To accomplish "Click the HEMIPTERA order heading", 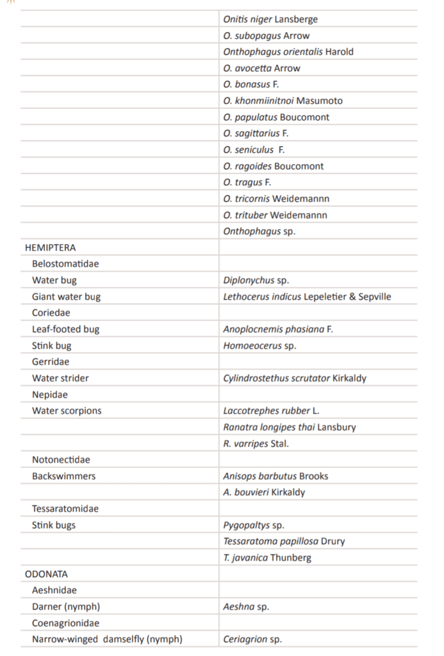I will click(x=51, y=247).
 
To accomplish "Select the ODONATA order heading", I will click(x=46, y=574).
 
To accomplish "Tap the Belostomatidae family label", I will click(x=65, y=264).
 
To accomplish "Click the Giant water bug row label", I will click(x=66, y=297).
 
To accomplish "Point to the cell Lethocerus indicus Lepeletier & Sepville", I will click(x=307, y=297).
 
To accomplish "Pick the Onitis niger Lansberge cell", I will click(x=270, y=20).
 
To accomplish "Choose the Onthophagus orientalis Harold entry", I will click(x=288, y=52).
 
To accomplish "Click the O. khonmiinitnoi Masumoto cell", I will click(x=283, y=101).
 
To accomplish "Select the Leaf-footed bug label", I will click(x=65, y=329).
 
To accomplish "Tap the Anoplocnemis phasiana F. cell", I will click(x=278, y=329).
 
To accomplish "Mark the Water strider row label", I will click(x=60, y=378).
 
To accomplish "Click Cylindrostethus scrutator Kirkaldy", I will click(x=295, y=378).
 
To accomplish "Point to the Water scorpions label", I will click(x=67, y=411).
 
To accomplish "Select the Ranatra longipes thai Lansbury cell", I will click(x=290, y=427).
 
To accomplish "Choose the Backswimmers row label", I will click(x=63, y=476).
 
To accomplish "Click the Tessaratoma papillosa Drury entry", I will click(x=284, y=541).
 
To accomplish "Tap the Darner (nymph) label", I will click(x=66, y=607).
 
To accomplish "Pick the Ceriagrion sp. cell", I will click(x=252, y=639).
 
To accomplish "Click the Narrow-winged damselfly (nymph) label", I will click(x=107, y=639).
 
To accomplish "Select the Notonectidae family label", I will click(x=61, y=460).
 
